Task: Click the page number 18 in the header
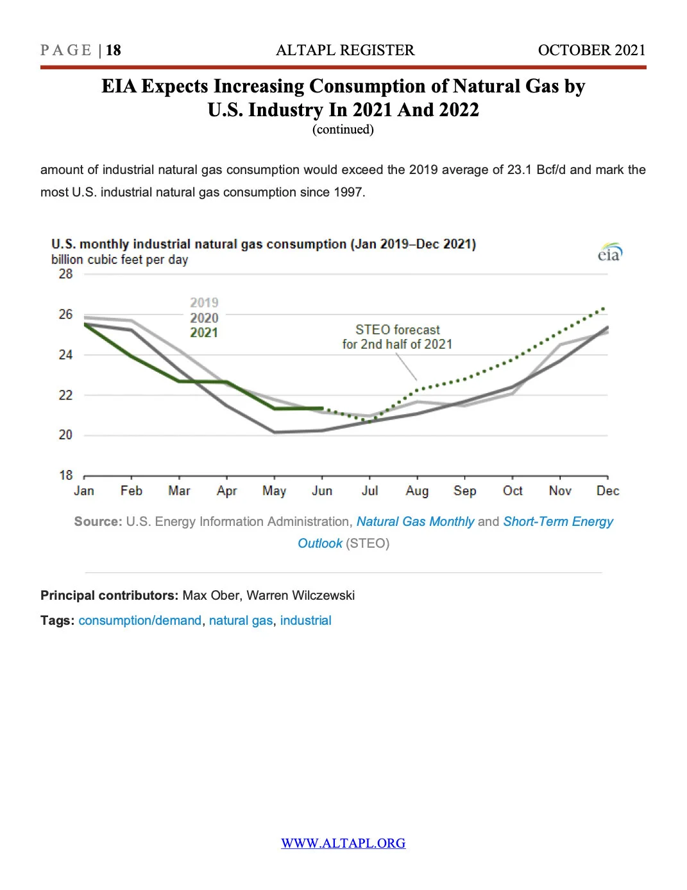tap(114, 50)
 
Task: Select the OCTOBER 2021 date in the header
tap(591, 50)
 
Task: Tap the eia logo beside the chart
tap(609, 253)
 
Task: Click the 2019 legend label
tap(204, 302)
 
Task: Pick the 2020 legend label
tap(204, 318)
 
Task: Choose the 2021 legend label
tap(204, 333)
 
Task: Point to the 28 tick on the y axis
tap(65, 274)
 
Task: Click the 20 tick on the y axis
tap(65, 435)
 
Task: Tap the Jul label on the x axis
tap(369, 491)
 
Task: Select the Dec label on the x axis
tap(607, 491)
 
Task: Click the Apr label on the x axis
tap(226, 491)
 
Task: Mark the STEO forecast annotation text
tap(398, 337)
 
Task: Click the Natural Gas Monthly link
tap(415, 521)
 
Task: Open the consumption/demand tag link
tap(140, 620)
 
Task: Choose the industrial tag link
tap(305, 620)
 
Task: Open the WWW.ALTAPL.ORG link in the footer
tap(343, 843)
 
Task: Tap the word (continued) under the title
tap(343, 130)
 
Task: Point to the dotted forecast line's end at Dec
tap(604, 309)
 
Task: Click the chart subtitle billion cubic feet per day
tap(119, 260)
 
